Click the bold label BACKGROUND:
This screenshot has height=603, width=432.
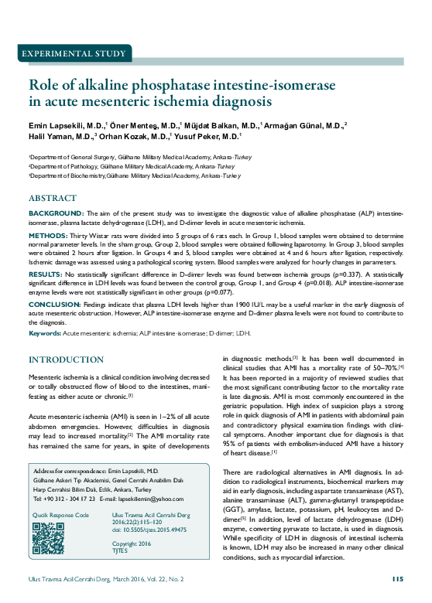coord(57,213)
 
